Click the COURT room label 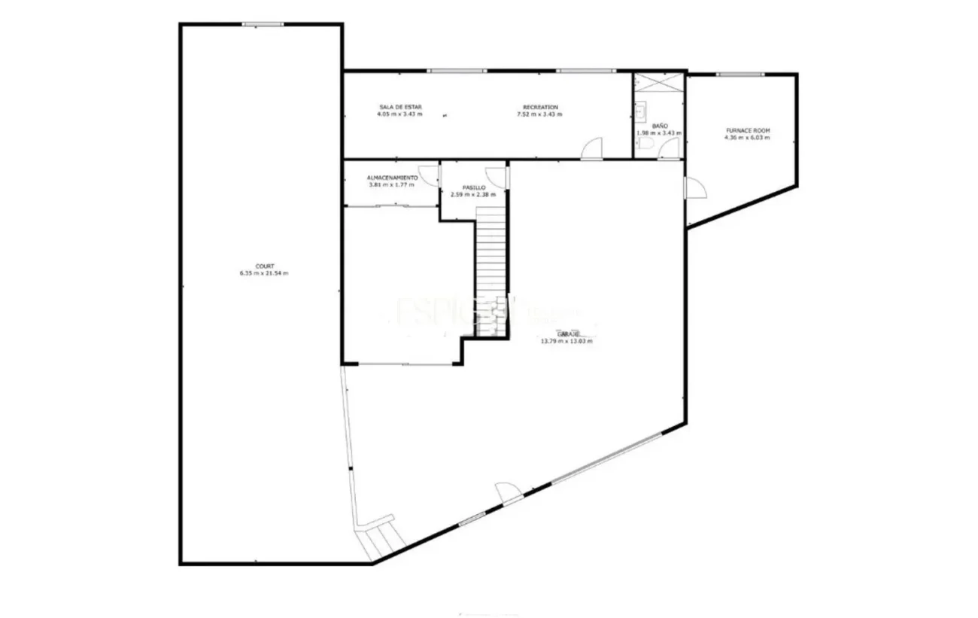264,266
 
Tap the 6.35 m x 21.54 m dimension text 264,273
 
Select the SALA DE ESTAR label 400,108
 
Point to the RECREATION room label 540,108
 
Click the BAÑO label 660,126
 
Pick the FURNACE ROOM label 747,130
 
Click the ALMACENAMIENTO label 392,178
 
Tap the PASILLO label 473,187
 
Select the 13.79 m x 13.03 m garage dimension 566,341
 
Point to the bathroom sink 641,112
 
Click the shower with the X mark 658,84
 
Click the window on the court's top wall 263,24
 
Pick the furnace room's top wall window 740,74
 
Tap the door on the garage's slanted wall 507,494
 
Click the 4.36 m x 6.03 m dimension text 747,138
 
